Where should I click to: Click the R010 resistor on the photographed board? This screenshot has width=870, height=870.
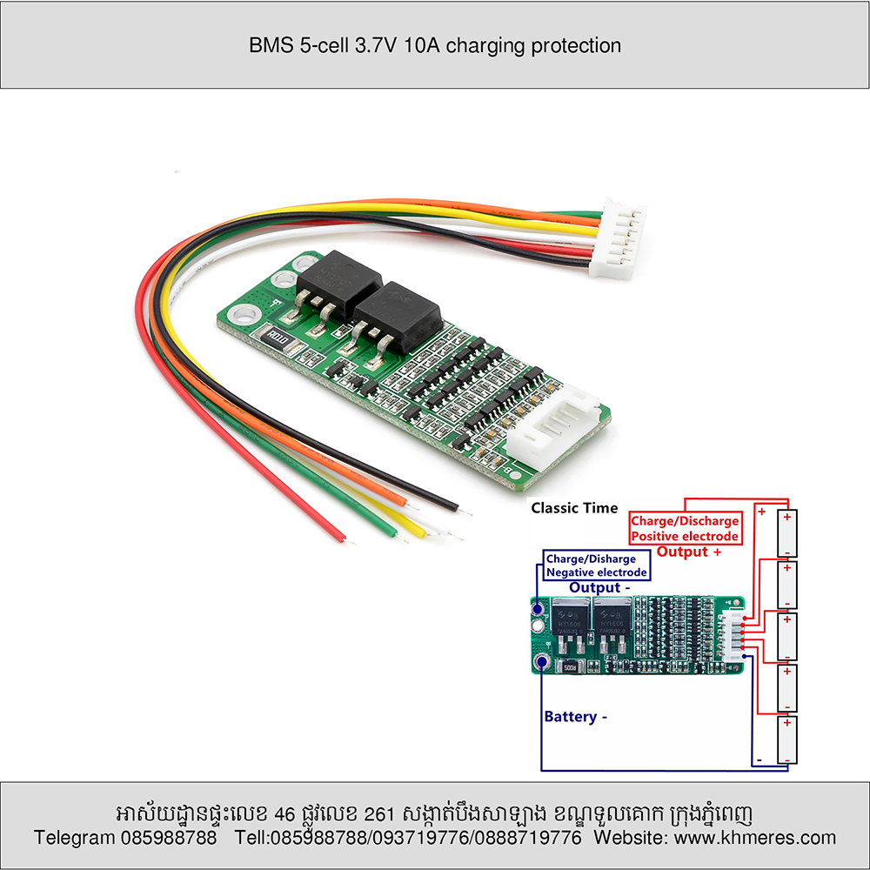tap(278, 337)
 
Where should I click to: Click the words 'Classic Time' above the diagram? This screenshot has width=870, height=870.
tap(574, 508)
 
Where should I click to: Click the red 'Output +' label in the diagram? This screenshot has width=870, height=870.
tap(689, 552)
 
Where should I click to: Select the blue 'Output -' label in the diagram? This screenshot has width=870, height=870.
tap(599, 588)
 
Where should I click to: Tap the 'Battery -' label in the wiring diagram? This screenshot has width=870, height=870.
tap(575, 717)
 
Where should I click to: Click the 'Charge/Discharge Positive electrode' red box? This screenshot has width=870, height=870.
tap(686, 528)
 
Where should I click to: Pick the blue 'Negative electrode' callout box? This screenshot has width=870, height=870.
tap(596, 565)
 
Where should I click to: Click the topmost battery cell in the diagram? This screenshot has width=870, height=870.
tap(786, 532)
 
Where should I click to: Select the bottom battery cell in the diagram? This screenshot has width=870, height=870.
tap(786, 739)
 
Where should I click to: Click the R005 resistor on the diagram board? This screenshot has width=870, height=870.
tap(572, 668)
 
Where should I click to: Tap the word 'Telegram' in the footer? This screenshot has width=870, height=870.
tap(74, 838)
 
